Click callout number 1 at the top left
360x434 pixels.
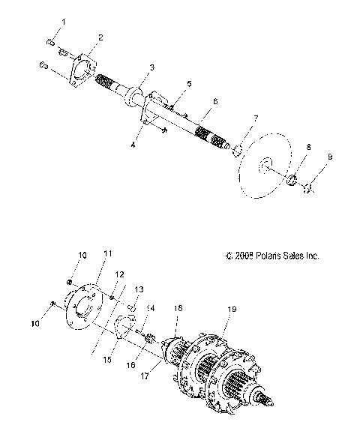pos(63,22)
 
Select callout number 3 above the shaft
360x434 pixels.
pos(151,67)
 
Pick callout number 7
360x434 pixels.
pos(256,118)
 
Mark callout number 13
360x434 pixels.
pos(138,289)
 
